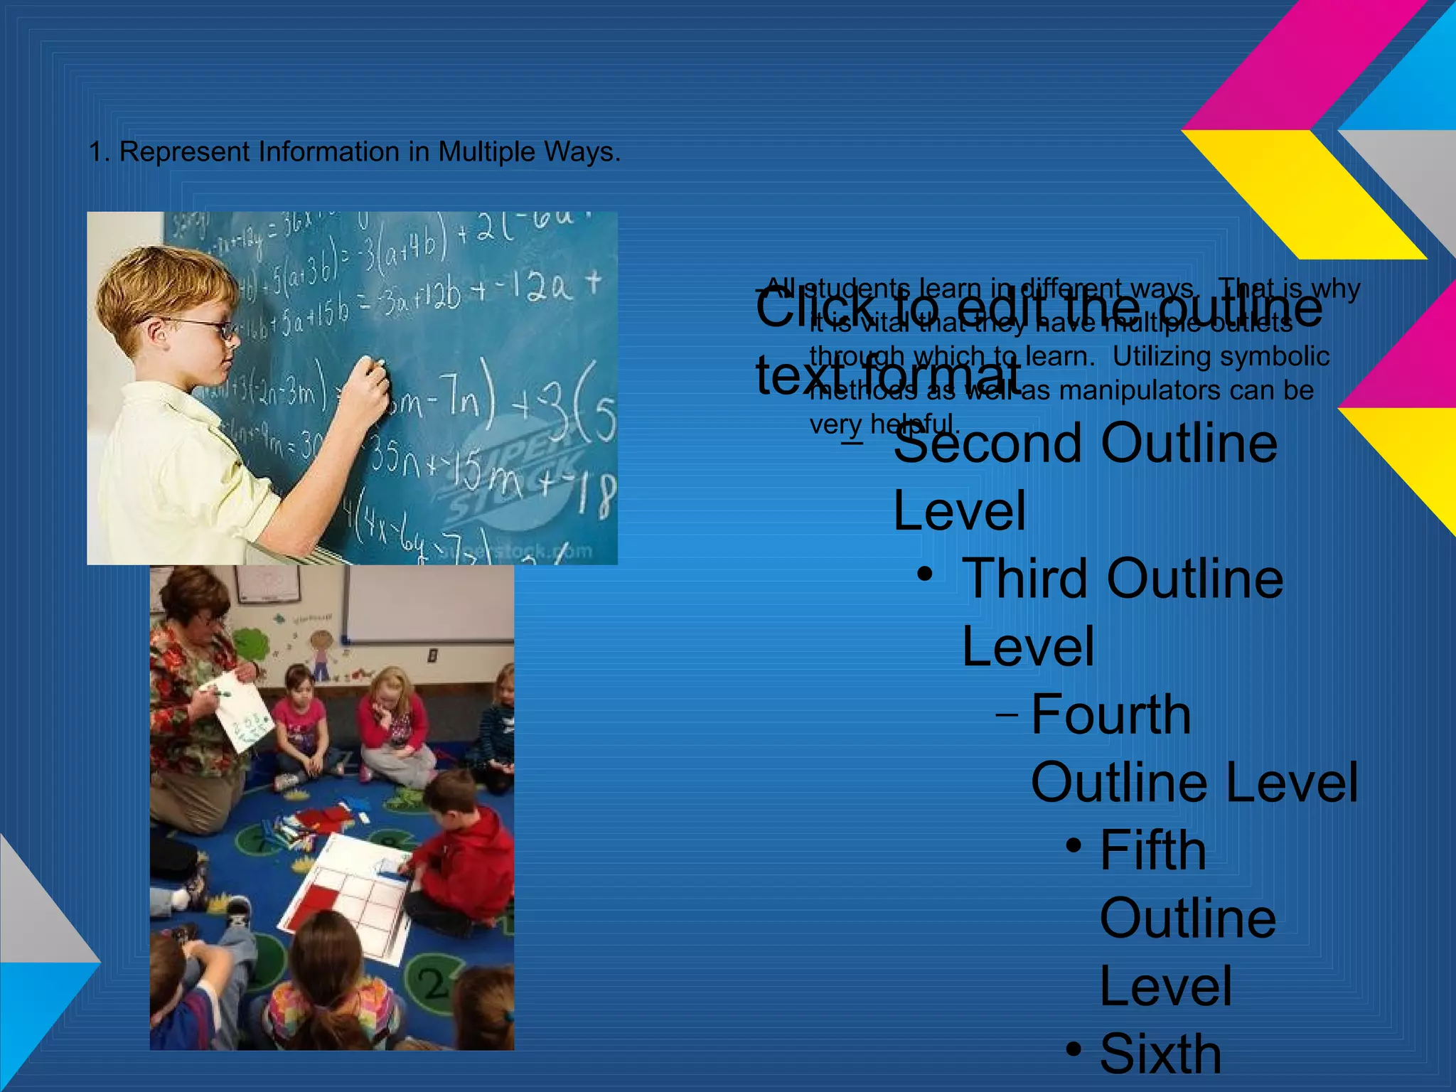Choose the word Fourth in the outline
(1110, 714)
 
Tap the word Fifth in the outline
(1152, 850)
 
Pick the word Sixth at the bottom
(1160, 1054)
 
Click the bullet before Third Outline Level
(924, 574)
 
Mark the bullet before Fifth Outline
(1074, 845)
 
